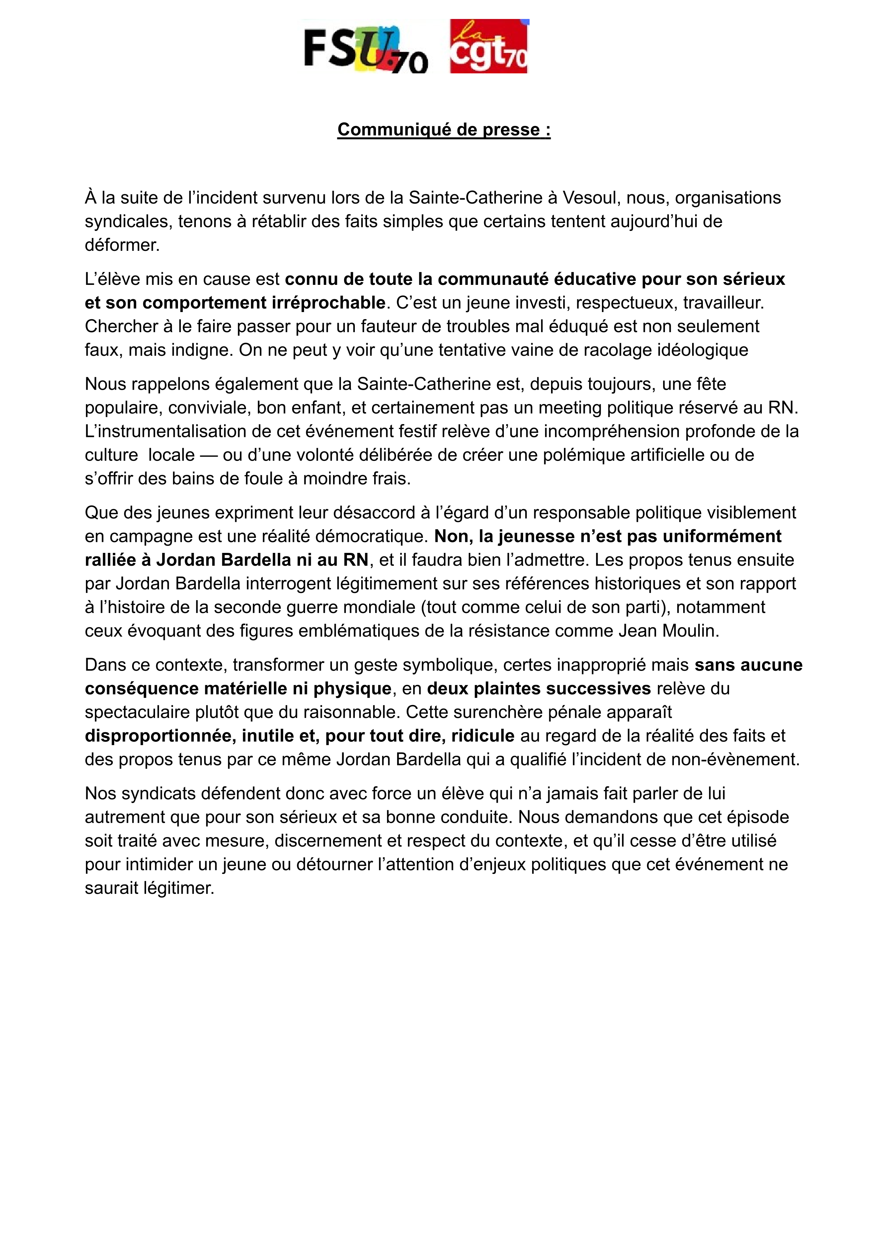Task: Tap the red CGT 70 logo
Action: pyautogui.click(x=488, y=47)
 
